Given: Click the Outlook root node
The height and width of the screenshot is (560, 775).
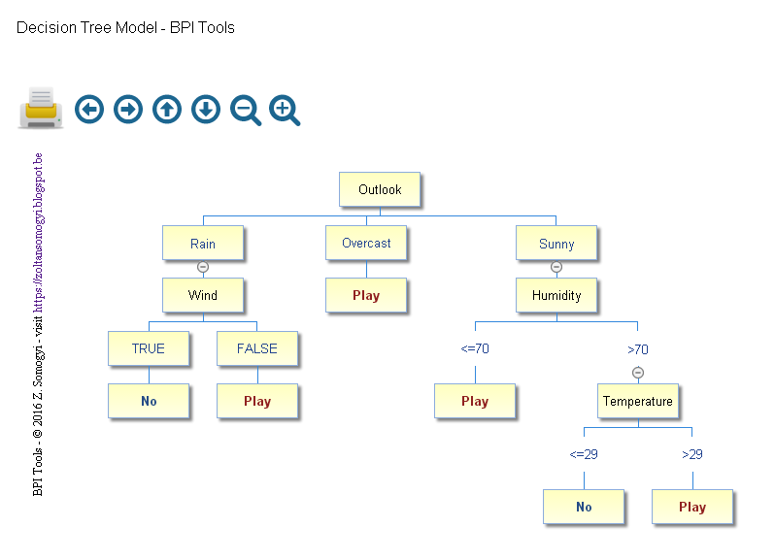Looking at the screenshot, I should click(380, 189).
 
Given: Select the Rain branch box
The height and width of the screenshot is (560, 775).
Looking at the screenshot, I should click(203, 244).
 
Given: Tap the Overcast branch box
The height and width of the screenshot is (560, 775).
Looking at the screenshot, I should click(366, 244).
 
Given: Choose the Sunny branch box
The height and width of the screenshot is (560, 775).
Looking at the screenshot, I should click(556, 244).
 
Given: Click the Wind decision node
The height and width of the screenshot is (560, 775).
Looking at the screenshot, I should click(203, 295).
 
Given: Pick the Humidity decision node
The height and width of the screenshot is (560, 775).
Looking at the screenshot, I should click(556, 295).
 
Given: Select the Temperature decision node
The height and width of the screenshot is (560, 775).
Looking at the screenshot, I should click(637, 401).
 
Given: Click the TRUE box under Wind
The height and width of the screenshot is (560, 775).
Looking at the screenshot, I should click(149, 348).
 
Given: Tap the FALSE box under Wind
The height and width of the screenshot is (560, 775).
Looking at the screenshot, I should click(257, 348).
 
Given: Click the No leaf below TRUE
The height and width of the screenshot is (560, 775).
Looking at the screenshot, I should click(149, 401).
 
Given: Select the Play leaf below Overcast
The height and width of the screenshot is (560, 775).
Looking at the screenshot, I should click(366, 296).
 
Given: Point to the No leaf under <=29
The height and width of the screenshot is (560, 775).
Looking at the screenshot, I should click(584, 507).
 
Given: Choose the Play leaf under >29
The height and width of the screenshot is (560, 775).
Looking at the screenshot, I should click(692, 507).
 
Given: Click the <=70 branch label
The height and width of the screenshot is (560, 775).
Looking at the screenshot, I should click(475, 348).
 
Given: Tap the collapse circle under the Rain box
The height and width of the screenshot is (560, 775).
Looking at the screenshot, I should click(203, 267).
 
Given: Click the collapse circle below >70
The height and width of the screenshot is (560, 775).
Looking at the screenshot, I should click(638, 373).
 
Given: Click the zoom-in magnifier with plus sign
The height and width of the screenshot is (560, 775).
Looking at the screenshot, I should click(284, 111).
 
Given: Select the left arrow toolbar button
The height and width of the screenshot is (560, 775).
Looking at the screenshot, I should click(89, 110).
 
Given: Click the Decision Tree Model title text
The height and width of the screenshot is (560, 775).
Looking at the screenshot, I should click(125, 27).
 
